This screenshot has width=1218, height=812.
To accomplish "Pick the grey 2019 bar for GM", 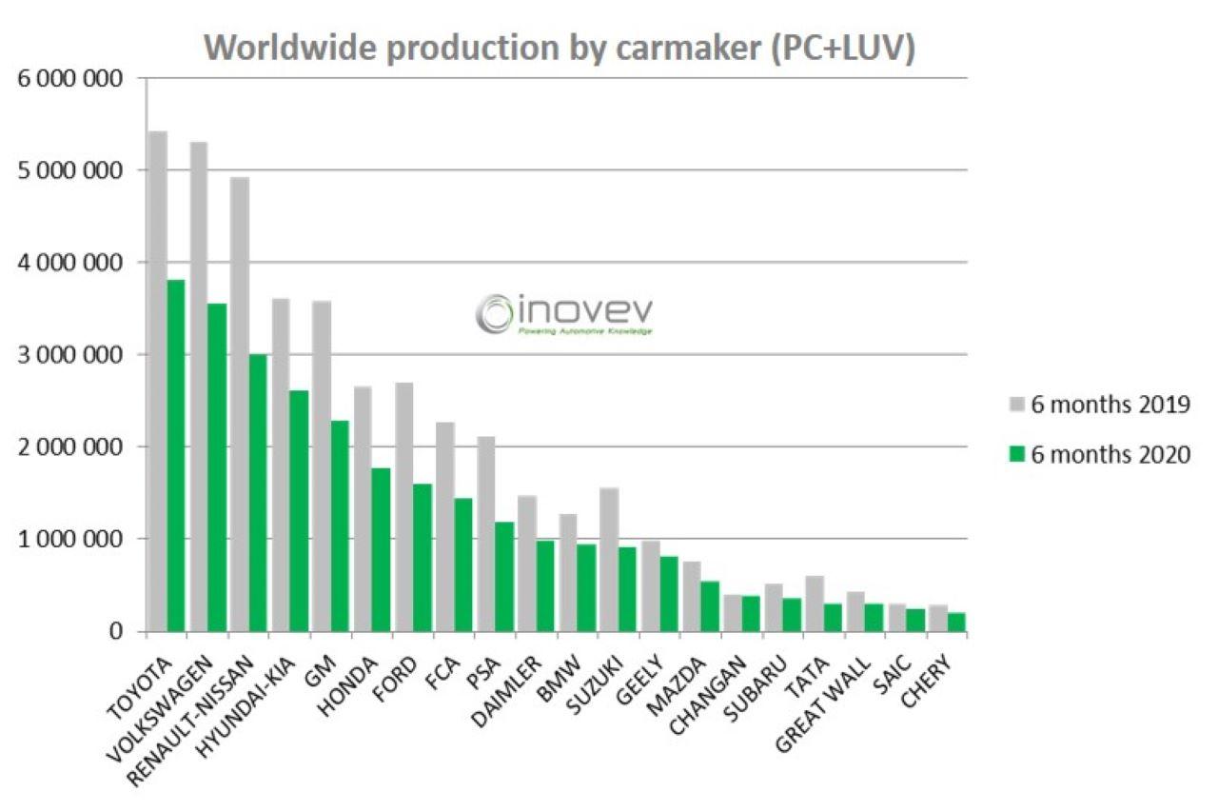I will click(322, 465).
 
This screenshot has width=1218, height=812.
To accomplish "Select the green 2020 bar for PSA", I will click(503, 576).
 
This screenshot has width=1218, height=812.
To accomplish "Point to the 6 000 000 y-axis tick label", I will click(70, 78).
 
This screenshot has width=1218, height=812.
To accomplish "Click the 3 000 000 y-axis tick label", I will click(70, 355).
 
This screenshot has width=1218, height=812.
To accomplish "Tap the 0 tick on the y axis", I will click(116, 631).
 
